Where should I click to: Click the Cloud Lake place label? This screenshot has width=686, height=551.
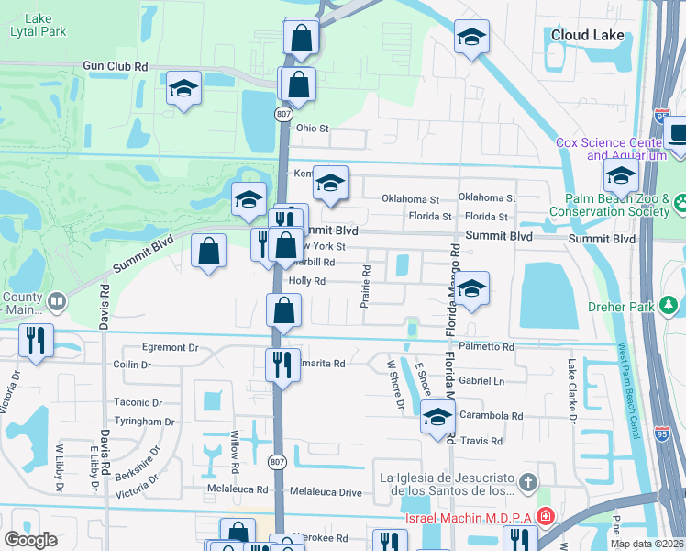pos(587,36)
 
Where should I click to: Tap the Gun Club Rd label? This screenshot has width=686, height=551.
pos(115,67)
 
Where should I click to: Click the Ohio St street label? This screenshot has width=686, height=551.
pos(312,129)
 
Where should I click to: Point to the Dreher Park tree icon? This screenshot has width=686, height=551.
pos(670,304)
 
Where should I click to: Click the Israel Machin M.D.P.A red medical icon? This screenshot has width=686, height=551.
pos(545,518)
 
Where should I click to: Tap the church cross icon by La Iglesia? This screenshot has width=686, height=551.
pos(527,481)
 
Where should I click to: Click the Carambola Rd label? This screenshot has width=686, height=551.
pos(492,416)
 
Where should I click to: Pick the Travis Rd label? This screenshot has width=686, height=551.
pos(482,442)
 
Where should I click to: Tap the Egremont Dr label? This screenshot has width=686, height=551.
pos(171,349)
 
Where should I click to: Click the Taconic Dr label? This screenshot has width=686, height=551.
pos(138,402)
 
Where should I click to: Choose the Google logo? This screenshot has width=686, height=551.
pos(30,540)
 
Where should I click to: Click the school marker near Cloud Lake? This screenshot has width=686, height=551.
pos(471,38)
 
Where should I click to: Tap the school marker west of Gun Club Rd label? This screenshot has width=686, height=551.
pos(183,89)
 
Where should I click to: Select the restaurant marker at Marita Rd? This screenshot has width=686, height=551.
pos(282,365)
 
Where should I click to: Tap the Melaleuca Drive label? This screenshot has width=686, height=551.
pos(326,492)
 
